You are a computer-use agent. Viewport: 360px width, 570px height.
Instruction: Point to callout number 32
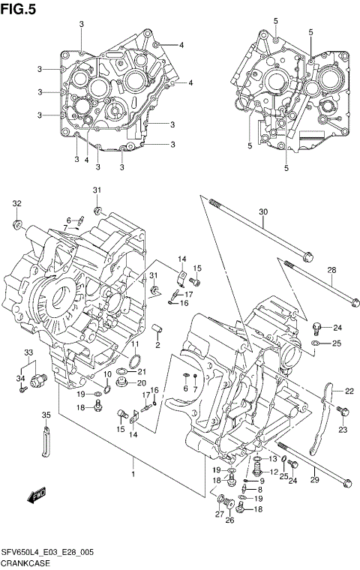(x=16, y=203)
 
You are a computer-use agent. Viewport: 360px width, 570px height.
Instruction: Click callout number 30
(x=263, y=212)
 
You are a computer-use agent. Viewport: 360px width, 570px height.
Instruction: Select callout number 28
(x=331, y=270)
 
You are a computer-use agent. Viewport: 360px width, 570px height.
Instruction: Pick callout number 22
(x=349, y=391)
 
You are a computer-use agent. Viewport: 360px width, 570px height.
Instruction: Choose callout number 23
(x=343, y=430)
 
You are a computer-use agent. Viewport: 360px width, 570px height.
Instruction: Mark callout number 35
(x=46, y=415)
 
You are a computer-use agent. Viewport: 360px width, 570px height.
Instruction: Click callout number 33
(x=28, y=352)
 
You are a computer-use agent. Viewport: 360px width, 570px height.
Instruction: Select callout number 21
(x=142, y=373)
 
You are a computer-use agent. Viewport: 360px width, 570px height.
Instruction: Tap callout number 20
(x=142, y=383)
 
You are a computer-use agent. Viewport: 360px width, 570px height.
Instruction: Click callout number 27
(x=220, y=514)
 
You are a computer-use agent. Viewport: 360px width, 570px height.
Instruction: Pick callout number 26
(x=231, y=520)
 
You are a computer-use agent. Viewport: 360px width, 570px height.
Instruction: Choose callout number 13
(x=273, y=459)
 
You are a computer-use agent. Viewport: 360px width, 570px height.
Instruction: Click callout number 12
(x=274, y=472)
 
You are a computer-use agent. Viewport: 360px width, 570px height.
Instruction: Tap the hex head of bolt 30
(x=307, y=259)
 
